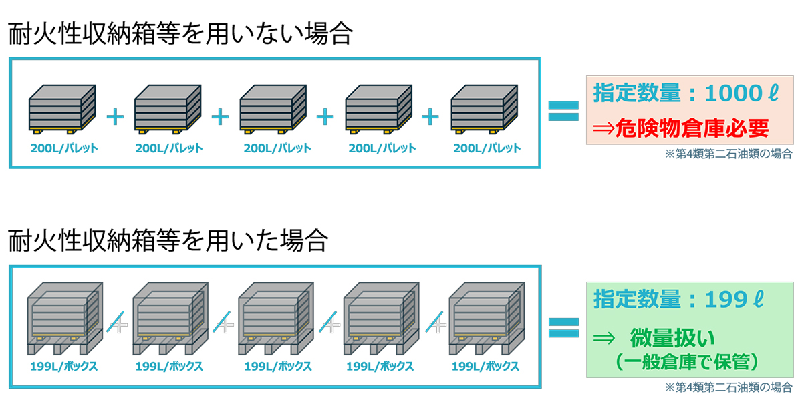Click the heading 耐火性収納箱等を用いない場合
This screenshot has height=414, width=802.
[x=180, y=35]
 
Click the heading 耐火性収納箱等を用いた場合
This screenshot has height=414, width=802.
[x=168, y=240]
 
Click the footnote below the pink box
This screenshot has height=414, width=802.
[x=728, y=154]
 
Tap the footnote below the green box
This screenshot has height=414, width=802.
[x=728, y=387]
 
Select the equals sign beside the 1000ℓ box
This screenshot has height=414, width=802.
[x=563, y=111]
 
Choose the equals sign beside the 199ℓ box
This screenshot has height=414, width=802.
[x=563, y=326]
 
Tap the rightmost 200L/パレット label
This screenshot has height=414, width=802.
[x=487, y=148]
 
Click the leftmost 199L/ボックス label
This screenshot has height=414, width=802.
[x=63, y=367]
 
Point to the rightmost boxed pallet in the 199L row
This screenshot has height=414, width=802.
[x=487, y=319]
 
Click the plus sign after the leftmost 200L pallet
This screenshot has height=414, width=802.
[x=115, y=117]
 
